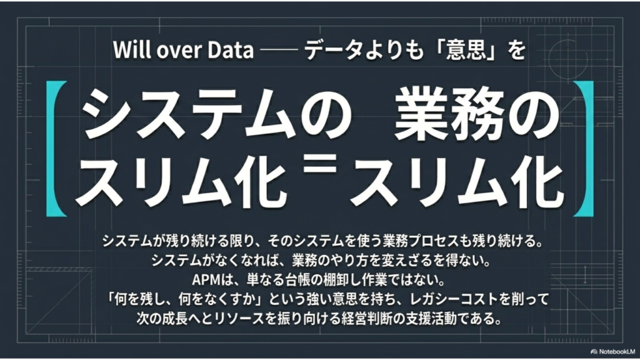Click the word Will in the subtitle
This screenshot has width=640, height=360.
(130, 49)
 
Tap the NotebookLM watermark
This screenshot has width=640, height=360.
(612, 351)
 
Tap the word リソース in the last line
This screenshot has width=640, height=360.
(241, 318)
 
